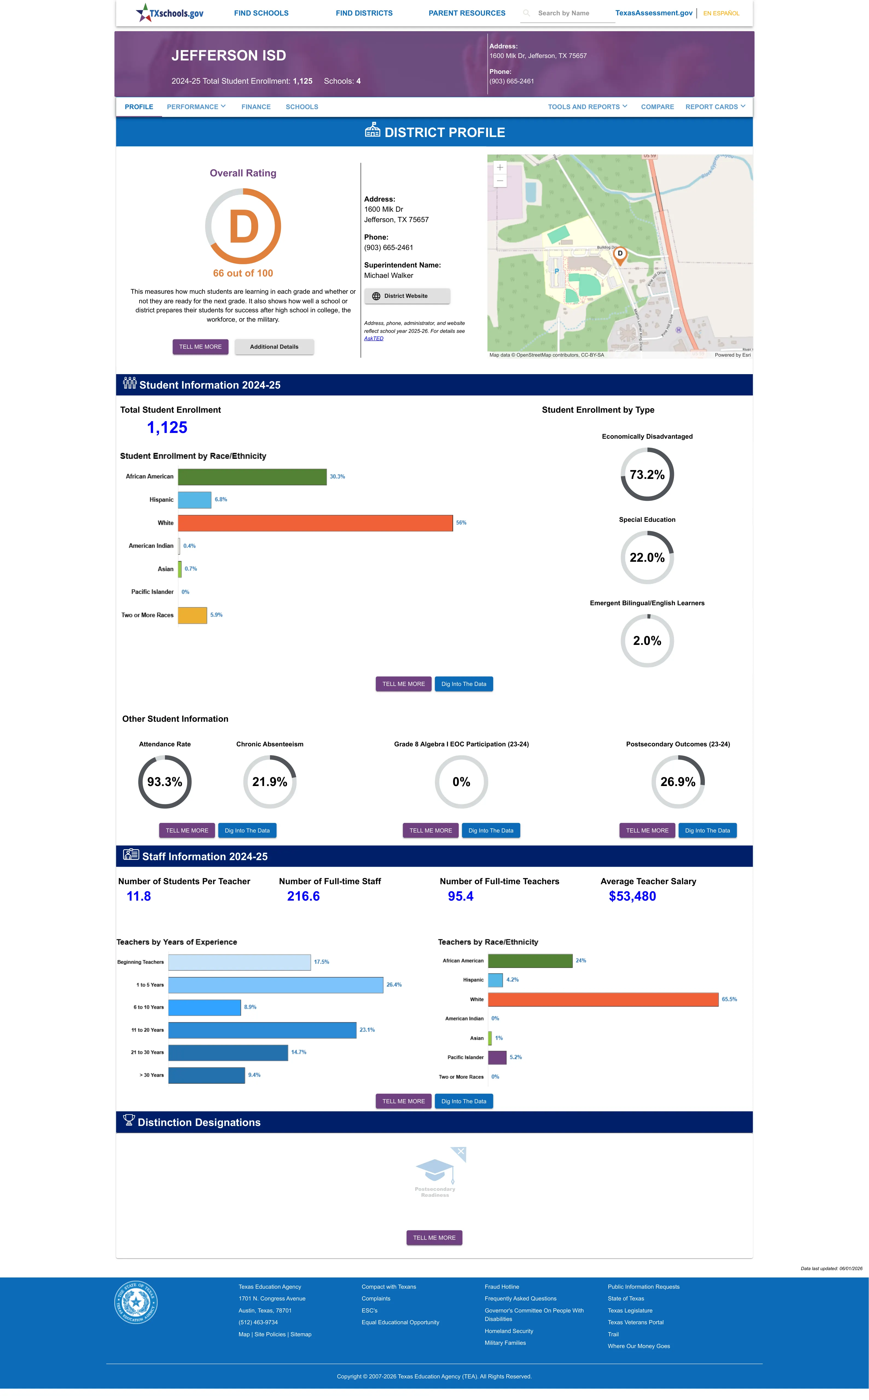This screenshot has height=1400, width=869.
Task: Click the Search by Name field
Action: pyautogui.click(x=567, y=13)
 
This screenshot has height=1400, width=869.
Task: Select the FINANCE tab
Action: pyautogui.click(x=256, y=107)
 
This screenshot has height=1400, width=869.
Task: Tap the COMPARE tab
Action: pyautogui.click(x=657, y=107)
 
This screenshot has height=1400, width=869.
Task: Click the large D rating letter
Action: pyautogui.click(x=244, y=227)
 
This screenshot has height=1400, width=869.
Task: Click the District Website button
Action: pyautogui.click(x=407, y=296)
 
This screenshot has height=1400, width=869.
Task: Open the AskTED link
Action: pyautogui.click(x=374, y=338)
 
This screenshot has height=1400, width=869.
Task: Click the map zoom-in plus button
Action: pyautogui.click(x=500, y=167)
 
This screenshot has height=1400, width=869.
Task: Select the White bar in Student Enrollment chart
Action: pyautogui.click(x=316, y=523)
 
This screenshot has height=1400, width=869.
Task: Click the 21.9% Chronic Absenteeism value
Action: pyautogui.click(x=269, y=782)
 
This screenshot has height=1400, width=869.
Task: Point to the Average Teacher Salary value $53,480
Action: pyautogui.click(x=632, y=896)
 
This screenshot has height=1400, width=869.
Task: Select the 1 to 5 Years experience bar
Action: pyautogui.click(x=276, y=985)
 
